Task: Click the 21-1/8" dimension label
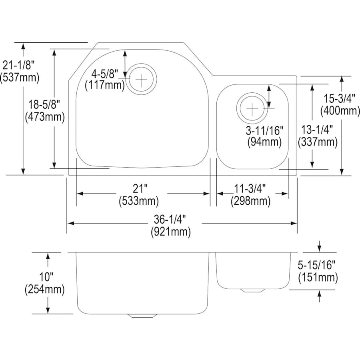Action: [x=19, y=64]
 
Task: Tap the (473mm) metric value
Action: [x=44, y=117]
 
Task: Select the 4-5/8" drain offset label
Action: [x=105, y=74]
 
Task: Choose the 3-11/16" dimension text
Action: [x=264, y=130]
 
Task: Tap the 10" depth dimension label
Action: [x=46, y=276]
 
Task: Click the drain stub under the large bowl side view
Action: [x=142, y=316]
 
